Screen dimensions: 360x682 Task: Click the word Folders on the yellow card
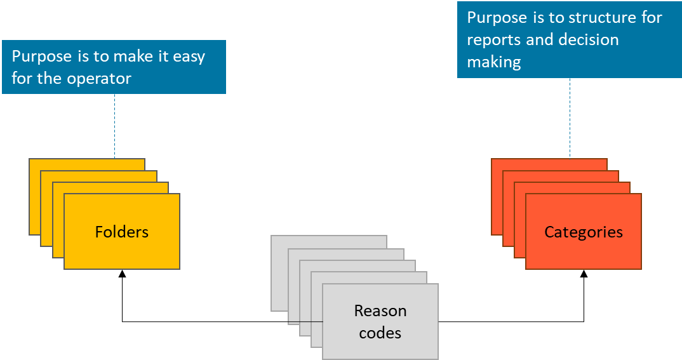tap(122, 232)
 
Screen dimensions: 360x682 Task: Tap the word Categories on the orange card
tap(584, 232)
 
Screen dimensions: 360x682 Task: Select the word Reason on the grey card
tap(380, 311)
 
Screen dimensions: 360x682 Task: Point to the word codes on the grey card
tap(380, 333)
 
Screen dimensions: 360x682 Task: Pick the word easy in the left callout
tap(189, 57)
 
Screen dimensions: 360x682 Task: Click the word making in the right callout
tap(494, 62)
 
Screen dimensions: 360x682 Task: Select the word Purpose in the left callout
tap(42, 57)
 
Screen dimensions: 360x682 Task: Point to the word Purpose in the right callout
tap(497, 18)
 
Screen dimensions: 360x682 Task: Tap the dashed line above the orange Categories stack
tap(570, 118)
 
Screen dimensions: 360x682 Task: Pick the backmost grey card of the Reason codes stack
tap(279, 273)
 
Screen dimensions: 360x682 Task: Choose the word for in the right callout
tap(650, 18)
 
